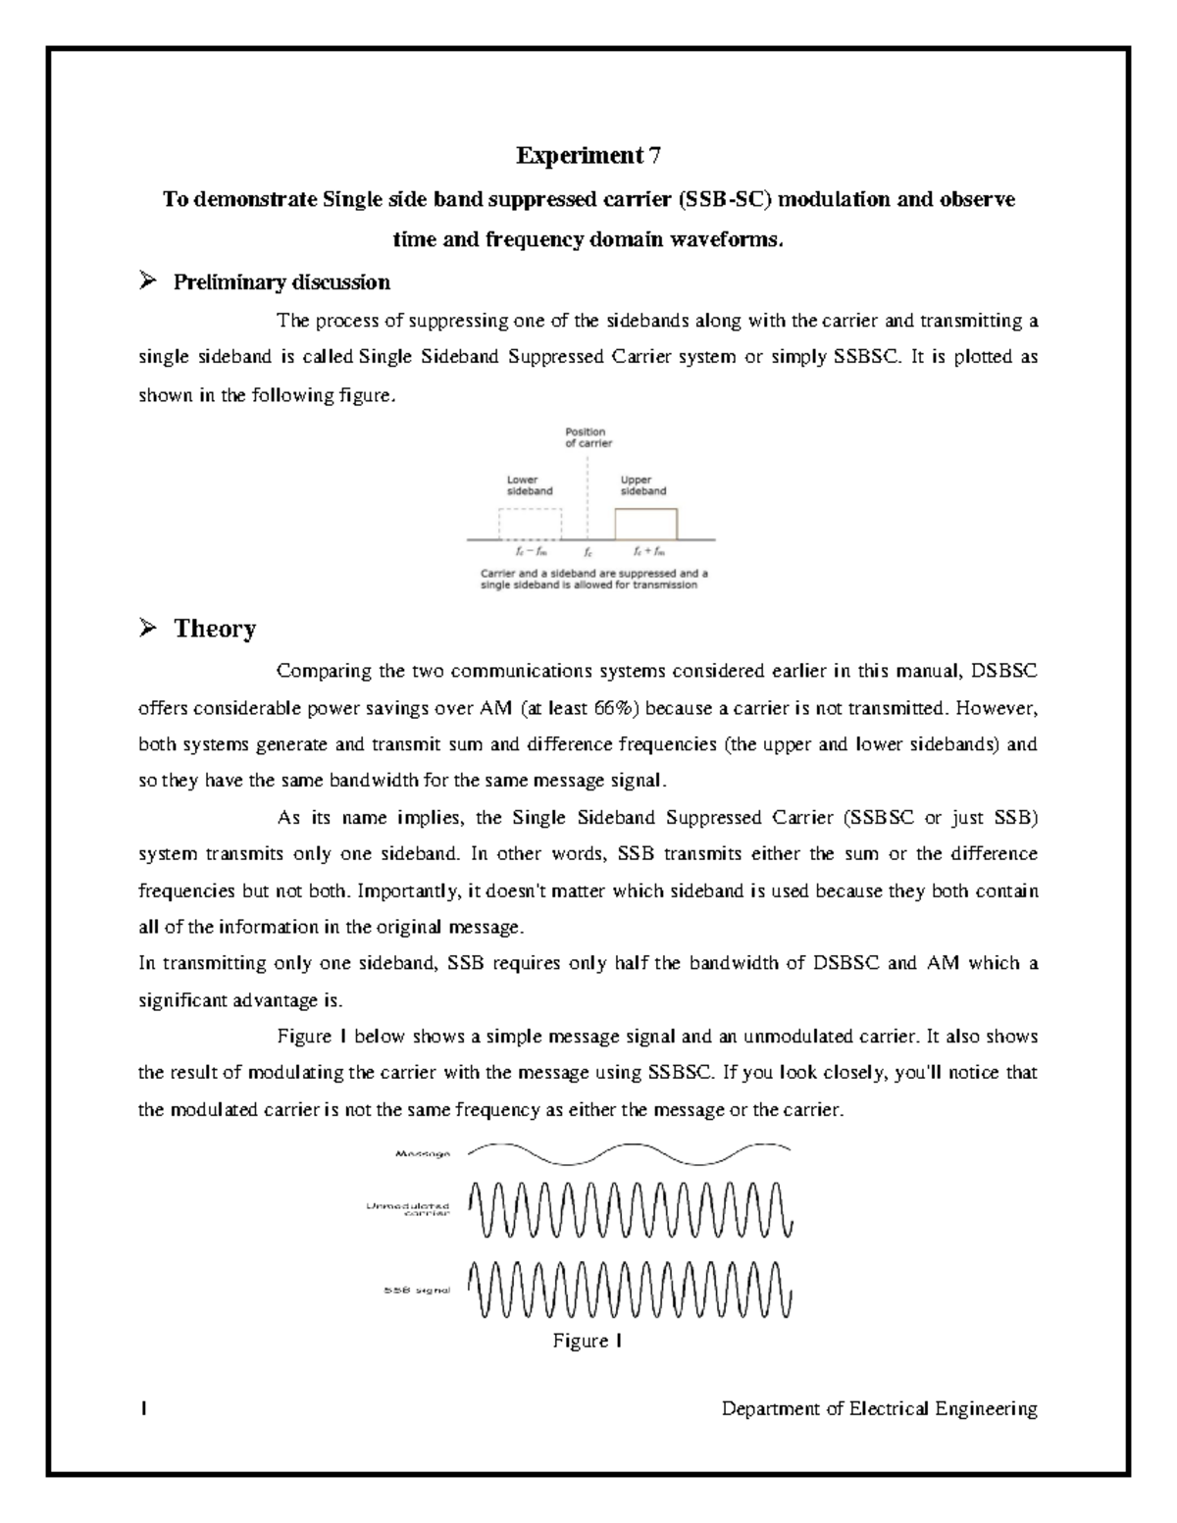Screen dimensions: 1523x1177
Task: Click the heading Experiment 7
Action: pyautogui.click(x=588, y=155)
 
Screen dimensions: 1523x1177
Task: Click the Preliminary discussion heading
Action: pyautogui.click(x=281, y=282)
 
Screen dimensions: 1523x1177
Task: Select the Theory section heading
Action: pyautogui.click(x=215, y=629)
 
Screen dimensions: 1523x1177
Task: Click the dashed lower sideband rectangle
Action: pyautogui.click(x=530, y=524)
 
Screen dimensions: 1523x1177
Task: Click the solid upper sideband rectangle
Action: pyautogui.click(x=645, y=524)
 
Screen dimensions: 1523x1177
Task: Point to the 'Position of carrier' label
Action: pyautogui.click(x=587, y=437)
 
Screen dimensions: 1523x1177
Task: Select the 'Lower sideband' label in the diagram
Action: pyautogui.click(x=529, y=485)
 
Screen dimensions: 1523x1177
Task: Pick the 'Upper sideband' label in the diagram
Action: pyautogui.click(x=643, y=485)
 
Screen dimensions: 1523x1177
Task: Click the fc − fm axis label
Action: pyautogui.click(x=530, y=552)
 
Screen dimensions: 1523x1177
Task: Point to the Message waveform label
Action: pyautogui.click(x=422, y=1154)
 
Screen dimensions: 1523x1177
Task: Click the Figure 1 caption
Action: pyautogui.click(x=588, y=1341)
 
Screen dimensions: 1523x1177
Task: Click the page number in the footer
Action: pyautogui.click(x=143, y=1409)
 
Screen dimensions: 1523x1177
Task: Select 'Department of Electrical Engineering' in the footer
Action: pyautogui.click(x=879, y=1409)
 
